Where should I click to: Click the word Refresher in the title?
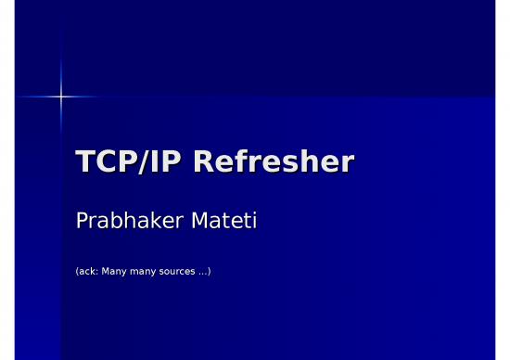click(x=275, y=162)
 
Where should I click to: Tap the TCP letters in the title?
click(x=102, y=162)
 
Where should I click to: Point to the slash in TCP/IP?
click(x=139, y=163)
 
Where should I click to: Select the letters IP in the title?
click(x=160, y=162)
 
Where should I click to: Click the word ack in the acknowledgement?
click(x=86, y=272)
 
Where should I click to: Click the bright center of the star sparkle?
click(x=62, y=96)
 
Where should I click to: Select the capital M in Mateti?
click(x=198, y=223)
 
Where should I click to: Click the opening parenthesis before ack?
click(x=76, y=272)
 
